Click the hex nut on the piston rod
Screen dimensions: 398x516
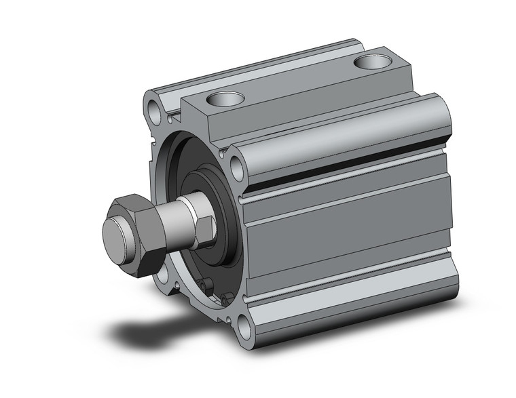tap(135, 222)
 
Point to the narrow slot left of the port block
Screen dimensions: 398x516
tap(182, 105)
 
